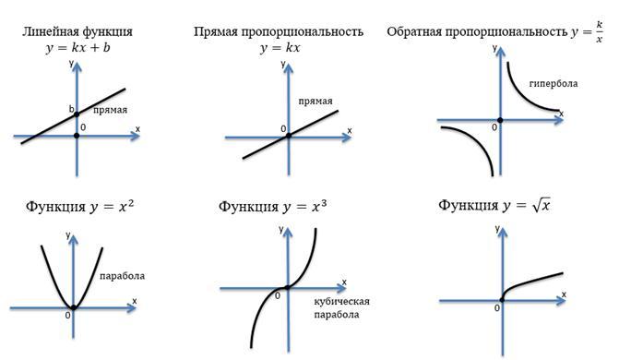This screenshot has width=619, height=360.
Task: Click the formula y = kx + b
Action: pos(77,48)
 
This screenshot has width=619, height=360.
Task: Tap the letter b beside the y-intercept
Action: pos(71,109)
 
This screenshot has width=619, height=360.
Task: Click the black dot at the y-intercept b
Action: pos(77,114)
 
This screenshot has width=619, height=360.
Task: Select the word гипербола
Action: pos(554,83)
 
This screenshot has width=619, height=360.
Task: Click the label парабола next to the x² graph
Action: pos(122,276)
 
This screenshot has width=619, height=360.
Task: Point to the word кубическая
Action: pos(342,301)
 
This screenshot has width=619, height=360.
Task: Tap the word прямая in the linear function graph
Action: pos(110,110)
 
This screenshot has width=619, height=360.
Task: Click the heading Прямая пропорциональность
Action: pos(279,31)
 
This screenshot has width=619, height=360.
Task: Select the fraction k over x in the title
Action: pos(600,31)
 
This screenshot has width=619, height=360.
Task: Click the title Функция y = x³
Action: pos(272,206)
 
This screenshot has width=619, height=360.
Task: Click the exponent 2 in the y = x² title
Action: pos(131,203)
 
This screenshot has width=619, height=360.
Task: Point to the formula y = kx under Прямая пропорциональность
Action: pos(280,48)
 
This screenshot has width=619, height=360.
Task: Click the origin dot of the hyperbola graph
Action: pos(500,120)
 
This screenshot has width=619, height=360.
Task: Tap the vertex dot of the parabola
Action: pos(73,307)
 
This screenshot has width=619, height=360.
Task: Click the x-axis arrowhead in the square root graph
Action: pos(561,301)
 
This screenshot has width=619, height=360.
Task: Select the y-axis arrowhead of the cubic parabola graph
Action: pos(288,233)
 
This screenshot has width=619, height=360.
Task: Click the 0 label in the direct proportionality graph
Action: pos(283,129)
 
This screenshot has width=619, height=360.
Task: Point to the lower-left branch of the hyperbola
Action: pos(475,143)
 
